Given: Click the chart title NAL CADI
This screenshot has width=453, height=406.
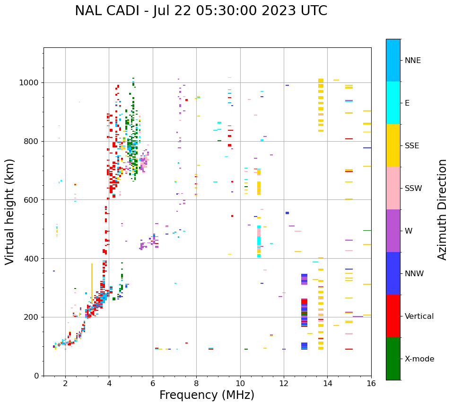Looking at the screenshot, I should [x=200, y=11].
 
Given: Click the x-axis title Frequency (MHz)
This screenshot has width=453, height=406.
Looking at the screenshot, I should [x=207, y=395].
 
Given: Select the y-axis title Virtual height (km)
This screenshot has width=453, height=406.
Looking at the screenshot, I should [x=10, y=211].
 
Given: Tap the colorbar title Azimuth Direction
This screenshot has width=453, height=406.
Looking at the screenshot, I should [x=442, y=209].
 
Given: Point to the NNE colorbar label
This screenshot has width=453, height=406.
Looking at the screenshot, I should [x=412, y=61].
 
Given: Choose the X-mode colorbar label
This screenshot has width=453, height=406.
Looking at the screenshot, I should [x=419, y=359].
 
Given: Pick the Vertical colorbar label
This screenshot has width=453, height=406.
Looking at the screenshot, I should [x=419, y=316].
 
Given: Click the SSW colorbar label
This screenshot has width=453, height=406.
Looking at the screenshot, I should [x=413, y=189].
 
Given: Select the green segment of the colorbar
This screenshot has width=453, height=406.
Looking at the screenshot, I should [x=393, y=359].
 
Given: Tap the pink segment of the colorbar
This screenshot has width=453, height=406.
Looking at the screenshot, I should [x=393, y=188].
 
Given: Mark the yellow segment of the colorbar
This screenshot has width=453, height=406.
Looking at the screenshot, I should [x=393, y=145].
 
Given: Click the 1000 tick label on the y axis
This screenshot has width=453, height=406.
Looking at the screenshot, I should [x=29, y=83].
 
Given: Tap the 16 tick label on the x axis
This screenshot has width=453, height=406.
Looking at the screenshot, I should [x=371, y=383].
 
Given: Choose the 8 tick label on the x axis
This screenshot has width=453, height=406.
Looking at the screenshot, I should [x=196, y=383].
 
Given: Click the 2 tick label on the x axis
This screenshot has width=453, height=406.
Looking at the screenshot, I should [x=65, y=383].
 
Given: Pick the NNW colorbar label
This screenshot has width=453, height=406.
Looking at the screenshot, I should [x=414, y=274].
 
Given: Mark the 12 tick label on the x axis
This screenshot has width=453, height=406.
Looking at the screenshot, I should [x=284, y=383].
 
